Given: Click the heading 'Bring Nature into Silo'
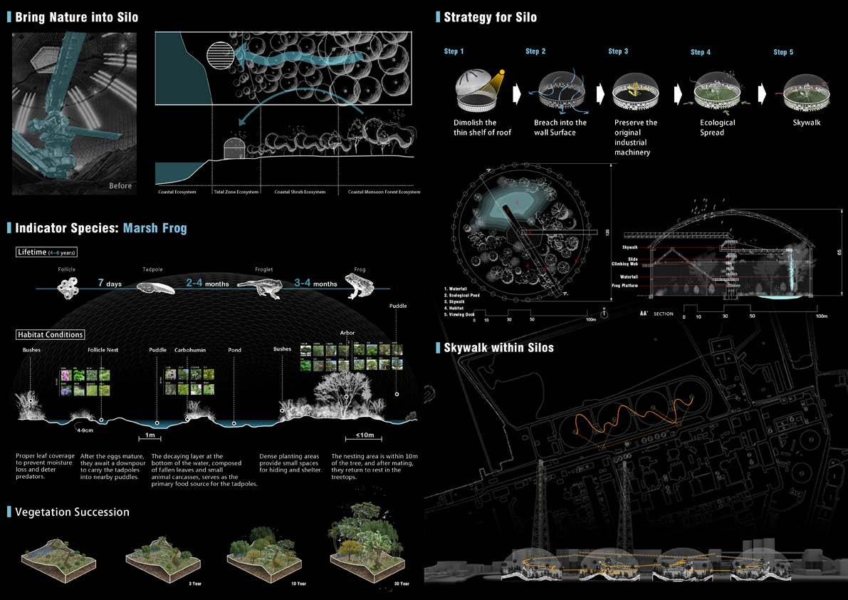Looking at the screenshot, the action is [77, 16].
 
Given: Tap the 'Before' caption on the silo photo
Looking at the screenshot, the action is [120, 186].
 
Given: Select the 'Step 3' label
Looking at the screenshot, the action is [618, 52].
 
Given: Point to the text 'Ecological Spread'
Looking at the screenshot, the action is [717, 128].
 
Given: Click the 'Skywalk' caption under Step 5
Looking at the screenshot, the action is [806, 123].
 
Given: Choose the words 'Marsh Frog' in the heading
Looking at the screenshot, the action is [155, 228].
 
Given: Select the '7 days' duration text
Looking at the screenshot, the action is [110, 284].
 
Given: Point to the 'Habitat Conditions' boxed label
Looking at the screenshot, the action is [50, 334].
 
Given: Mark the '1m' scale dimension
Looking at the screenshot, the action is [150, 435].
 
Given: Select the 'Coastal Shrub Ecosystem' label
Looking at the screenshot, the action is [300, 192].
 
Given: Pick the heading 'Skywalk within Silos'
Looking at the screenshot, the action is [498, 348].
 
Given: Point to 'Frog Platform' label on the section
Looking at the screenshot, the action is [624, 286].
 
